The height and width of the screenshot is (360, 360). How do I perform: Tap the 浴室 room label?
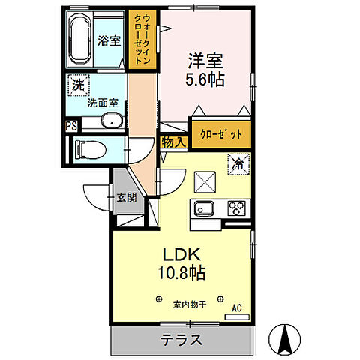109,41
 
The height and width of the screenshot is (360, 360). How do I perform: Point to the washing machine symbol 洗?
77,86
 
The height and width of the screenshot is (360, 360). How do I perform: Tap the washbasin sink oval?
112,122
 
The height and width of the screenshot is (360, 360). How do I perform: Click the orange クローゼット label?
220,135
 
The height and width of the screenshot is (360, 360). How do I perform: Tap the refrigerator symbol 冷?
237,162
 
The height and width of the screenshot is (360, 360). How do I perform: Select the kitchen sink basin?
204,208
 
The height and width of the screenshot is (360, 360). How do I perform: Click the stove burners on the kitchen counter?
236,208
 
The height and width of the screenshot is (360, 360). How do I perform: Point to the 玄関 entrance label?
125,198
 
